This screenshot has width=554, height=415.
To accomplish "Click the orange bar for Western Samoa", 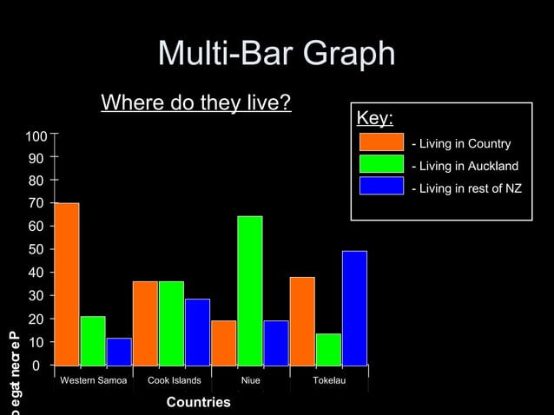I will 67,284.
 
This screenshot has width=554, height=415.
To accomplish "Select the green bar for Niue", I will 250,291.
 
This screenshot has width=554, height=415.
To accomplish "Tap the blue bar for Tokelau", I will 354,308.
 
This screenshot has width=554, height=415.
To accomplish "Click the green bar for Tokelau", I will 328,349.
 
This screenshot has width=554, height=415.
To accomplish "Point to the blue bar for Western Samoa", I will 119,352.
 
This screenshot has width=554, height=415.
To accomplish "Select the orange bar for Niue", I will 224,343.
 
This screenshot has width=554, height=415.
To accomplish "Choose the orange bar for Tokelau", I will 302,321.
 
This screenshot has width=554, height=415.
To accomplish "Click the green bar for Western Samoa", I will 93,340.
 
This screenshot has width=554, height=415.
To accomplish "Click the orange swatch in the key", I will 381,142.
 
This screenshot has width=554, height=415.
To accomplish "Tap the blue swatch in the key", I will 381,186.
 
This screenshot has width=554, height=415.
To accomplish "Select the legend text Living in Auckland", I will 465,166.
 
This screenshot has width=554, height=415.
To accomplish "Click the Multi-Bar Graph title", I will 276,55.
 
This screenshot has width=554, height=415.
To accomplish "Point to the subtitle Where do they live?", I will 195,103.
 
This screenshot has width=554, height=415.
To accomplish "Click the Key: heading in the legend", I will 375,118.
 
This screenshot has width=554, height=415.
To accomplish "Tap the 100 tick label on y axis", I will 36,137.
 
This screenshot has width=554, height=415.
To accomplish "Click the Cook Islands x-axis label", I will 175,381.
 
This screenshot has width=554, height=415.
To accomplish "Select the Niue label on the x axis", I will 250,381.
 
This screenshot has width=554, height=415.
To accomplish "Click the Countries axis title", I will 198,402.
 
